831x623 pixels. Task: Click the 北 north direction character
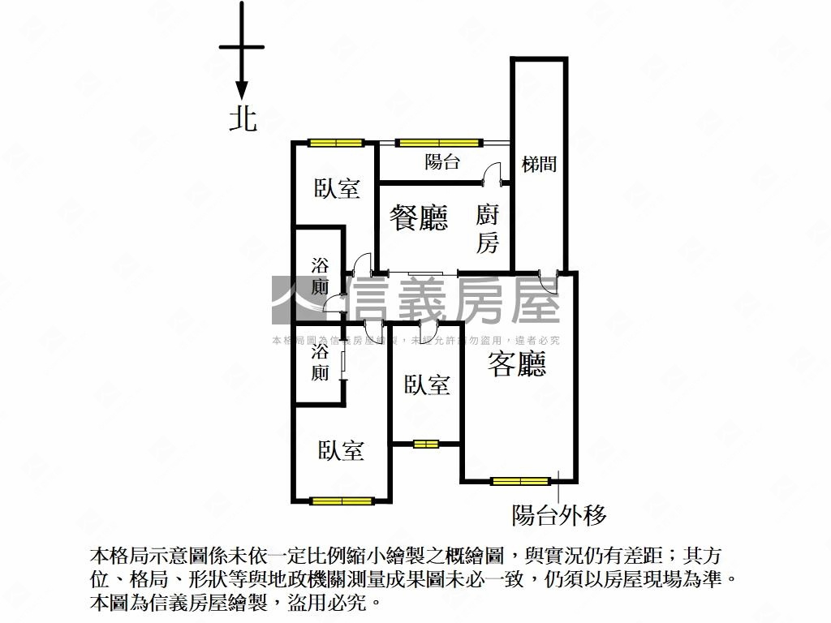coord(243,119)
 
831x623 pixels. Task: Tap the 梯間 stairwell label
coord(539,164)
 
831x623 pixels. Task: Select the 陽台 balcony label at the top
coord(442,161)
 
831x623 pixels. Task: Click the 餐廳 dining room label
coord(419,217)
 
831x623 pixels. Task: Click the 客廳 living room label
coord(517,365)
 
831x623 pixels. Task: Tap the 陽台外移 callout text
coord(559,514)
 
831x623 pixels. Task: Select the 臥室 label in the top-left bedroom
coord(337,189)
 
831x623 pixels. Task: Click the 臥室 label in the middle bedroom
coord(427,385)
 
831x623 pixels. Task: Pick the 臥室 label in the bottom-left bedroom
coord(341,450)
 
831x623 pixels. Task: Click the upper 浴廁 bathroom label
coord(321,276)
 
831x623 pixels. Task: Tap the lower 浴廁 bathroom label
coord(321,363)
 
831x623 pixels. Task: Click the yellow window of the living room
coord(520,481)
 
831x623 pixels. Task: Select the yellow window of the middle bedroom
coord(425,444)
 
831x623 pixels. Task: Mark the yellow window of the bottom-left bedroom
coord(341,501)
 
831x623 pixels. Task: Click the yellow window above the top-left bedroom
coord(335,144)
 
